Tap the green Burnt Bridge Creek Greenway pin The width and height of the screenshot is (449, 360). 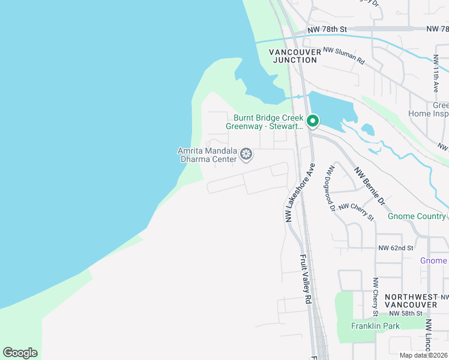[312, 121]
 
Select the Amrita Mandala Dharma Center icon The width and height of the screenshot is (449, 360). [246, 155]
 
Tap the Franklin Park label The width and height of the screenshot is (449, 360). [375, 326]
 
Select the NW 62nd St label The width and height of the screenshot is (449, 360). [396, 248]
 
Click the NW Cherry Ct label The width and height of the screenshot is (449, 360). [375, 296]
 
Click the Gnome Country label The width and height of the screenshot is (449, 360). [417, 216]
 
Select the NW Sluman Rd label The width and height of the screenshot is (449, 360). [343, 56]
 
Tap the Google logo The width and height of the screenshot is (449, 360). [20, 352]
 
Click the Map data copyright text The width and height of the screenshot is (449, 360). [418, 355]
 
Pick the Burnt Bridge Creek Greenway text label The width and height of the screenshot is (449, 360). [265, 122]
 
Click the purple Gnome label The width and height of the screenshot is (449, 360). [433, 260]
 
